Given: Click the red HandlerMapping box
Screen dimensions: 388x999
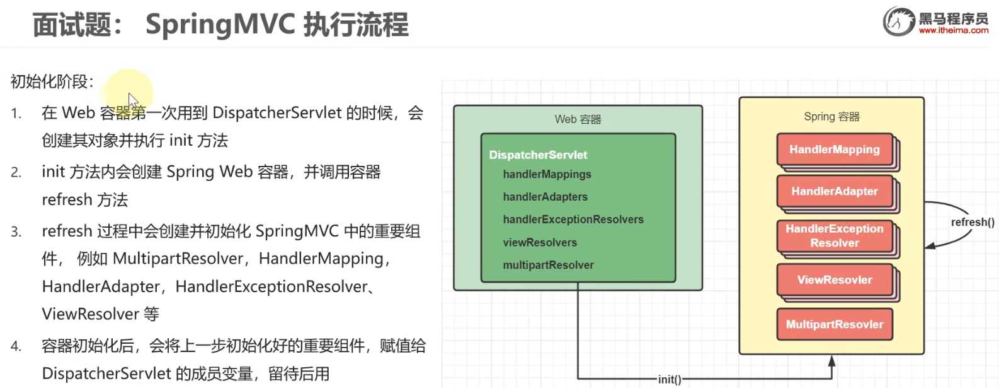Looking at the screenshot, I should [835, 150].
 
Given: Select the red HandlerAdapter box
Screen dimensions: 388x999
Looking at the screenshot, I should [835, 191].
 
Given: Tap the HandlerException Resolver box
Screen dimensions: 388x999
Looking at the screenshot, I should [835, 236].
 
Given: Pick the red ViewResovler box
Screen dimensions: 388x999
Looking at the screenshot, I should [835, 279].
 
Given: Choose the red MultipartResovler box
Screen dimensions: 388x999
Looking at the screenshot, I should [835, 324].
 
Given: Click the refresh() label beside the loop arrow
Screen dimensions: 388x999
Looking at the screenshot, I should [973, 222].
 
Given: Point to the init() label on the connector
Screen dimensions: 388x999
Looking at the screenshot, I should [670, 379].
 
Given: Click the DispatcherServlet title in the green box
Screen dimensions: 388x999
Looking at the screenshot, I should [538, 155].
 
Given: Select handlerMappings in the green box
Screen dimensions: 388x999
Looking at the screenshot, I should [547, 174].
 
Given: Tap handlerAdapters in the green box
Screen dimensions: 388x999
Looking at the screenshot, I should [545, 197].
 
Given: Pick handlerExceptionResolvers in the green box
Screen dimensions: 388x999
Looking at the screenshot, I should [573, 220].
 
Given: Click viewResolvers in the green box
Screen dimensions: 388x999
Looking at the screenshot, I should [540, 242].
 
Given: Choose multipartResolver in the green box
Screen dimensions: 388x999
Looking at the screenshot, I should [548, 265].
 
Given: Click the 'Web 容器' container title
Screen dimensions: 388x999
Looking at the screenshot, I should [578, 119].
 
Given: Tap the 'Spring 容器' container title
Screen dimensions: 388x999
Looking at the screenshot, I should [831, 117].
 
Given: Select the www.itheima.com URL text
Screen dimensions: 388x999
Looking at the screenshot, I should [953, 30].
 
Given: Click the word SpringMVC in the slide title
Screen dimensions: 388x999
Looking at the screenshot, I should [220, 25].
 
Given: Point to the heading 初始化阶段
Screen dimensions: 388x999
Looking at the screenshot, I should [52, 81].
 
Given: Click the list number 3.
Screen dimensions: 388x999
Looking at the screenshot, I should [16, 232].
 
